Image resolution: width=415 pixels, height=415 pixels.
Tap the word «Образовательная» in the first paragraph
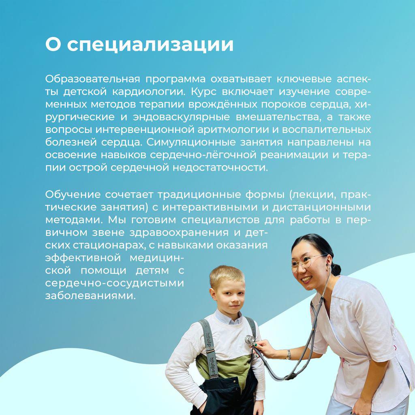[92, 79]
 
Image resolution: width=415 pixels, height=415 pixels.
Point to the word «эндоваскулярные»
[181, 117]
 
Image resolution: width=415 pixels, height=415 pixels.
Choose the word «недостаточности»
[220, 168]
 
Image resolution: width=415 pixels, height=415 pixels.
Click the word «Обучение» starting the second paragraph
[73, 195]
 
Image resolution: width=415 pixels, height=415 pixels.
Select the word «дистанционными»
[321, 207]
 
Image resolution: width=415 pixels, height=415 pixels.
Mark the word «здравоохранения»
[179, 233]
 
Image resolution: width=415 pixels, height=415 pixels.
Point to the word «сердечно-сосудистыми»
[115, 283]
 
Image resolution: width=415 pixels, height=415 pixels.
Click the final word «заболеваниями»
[90, 296]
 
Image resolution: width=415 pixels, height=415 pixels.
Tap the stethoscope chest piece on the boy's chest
[250, 340]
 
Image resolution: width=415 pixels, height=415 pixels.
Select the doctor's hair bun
[336, 269]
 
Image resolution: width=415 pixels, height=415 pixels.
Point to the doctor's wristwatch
[288, 354]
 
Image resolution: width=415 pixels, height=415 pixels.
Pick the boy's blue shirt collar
[228, 317]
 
